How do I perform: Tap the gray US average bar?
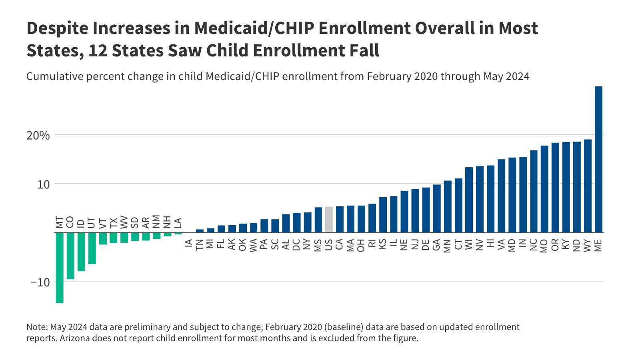click(x=329, y=220)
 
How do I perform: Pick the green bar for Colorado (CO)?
click(x=70, y=256)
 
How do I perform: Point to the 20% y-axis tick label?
click(x=38, y=136)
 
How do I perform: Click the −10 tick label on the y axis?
click(x=40, y=282)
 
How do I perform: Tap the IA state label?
click(x=189, y=243)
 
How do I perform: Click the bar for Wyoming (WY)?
click(x=588, y=186)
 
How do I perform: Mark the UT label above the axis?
click(x=92, y=223)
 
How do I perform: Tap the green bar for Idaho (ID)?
click(x=81, y=252)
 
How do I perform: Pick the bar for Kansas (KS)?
click(x=383, y=215)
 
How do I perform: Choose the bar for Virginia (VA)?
click(x=501, y=196)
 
